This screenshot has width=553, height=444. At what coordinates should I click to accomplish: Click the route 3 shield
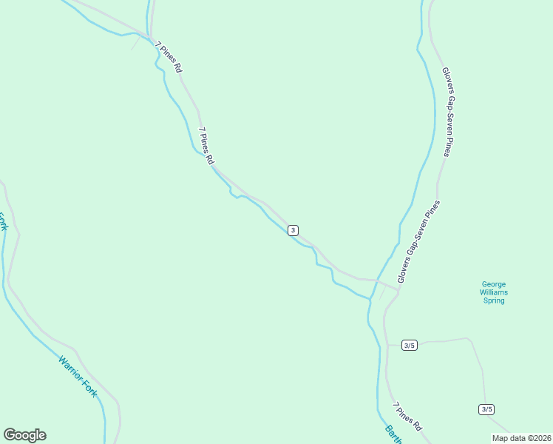point(294,230)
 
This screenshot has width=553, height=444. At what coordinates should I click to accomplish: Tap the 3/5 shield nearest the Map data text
point(486,409)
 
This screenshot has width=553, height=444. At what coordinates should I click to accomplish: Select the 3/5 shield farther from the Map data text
point(410,346)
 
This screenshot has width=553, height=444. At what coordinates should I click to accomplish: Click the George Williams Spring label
point(494,292)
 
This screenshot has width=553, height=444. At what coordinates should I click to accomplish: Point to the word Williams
point(494,292)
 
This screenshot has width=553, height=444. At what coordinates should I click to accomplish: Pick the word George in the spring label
point(494,283)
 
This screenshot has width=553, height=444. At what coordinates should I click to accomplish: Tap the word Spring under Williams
point(494,300)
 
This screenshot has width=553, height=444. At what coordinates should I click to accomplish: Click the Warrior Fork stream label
point(78,377)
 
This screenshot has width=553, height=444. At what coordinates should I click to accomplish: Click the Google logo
point(24,435)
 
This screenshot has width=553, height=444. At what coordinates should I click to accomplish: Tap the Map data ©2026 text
point(521,438)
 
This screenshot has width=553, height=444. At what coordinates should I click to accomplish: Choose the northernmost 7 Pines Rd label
point(169,56)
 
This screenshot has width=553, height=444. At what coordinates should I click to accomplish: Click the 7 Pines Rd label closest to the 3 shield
point(206,145)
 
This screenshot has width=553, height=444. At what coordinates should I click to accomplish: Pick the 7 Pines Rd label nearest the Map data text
point(407,417)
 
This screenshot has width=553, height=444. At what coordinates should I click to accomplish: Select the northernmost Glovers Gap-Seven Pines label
point(447,112)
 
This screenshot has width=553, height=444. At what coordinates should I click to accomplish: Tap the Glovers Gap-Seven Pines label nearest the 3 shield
point(418,241)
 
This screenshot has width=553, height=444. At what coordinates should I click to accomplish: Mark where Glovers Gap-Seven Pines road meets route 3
point(398,289)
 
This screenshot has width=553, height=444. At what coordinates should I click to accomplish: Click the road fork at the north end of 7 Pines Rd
point(150,37)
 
